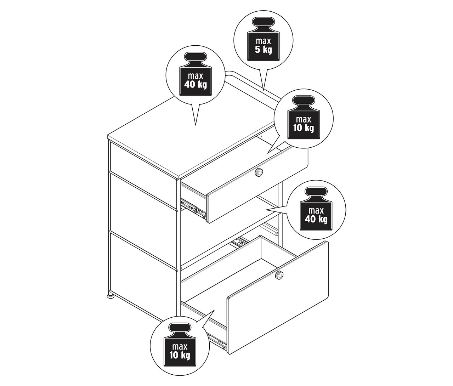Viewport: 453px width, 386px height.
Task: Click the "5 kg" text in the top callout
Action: click(x=263, y=50)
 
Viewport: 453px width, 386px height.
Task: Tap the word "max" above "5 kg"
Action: click(x=263, y=41)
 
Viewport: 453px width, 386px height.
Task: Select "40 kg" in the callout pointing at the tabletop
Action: click(x=195, y=84)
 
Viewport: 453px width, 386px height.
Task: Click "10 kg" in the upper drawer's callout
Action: click(x=304, y=128)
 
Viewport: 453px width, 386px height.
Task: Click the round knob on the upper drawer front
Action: click(x=259, y=172)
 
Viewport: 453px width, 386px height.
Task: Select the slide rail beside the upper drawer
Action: click(x=193, y=208)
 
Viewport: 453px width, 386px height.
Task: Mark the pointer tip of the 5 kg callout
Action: click(x=263, y=90)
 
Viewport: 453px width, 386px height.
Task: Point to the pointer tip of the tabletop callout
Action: click(x=195, y=125)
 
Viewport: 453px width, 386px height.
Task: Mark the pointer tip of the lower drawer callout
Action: click(x=214, y=310)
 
